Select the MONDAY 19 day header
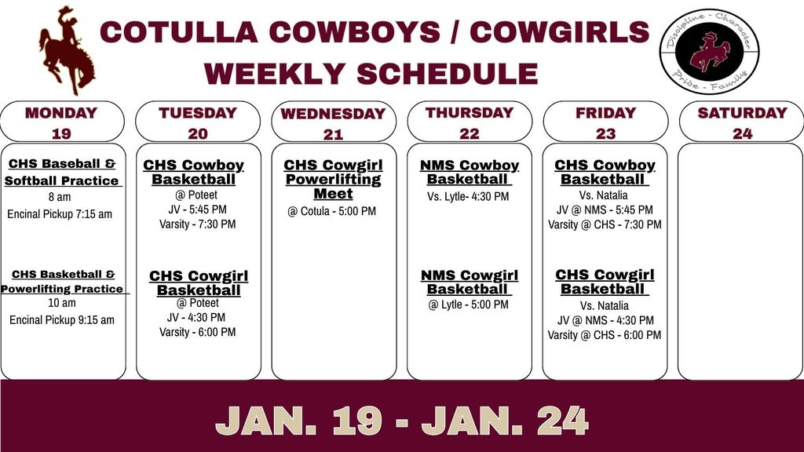click(x=61, y=122)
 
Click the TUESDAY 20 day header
click(x=198, y=122)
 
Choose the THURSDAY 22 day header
click(x=469, y=122)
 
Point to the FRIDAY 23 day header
click(x=605, y=122)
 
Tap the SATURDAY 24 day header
click(x=741, y=122)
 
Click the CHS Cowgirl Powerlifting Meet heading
click(x=333, y=179)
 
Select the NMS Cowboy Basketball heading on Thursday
click(x=470, y=172)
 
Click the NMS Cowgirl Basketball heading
click(x=470, y=282)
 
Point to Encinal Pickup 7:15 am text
click(x=60, y=213)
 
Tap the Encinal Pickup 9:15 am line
click(x=62, y=319)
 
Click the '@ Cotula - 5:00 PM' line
click(x=332, y=211)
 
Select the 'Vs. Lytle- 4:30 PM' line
click(x=468, y=196)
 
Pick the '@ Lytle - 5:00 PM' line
click(x=468, y=304)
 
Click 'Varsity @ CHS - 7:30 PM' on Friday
click(x=605, y=224)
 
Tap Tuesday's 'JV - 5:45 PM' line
click(x=197, y=210)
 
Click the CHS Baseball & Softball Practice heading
click(x=62, y=172)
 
